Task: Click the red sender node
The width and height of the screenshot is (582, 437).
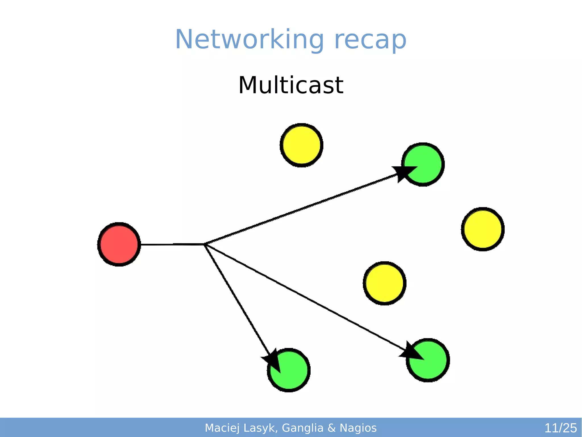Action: coord(119,244)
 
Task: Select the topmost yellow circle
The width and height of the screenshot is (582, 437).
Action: coord(302,145)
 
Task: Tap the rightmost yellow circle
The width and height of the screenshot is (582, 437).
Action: coord(483,229)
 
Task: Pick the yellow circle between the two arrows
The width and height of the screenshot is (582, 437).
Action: coord(384,283)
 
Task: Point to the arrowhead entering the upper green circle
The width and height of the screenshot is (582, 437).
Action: coord(404,172)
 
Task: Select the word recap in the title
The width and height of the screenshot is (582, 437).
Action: coord(370,40)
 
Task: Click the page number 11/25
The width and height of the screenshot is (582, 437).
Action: coord(560,428)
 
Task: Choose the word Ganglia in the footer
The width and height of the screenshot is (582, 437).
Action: coord(303,428)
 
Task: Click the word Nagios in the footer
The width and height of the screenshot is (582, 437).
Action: coord(358,428)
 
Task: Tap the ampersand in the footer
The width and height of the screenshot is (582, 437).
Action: coord(332,428)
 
